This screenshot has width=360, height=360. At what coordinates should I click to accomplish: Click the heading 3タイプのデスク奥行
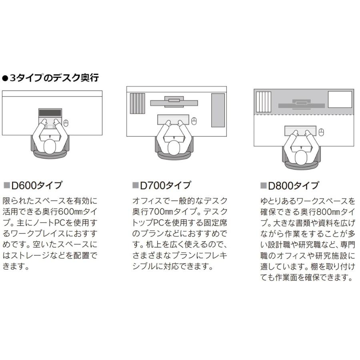click(x=54, y=78)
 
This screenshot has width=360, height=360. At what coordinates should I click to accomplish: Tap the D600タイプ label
click(x=36, y=185)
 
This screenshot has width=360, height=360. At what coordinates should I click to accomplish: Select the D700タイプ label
click(x=165, y=185)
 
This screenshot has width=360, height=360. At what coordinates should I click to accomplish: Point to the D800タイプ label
click(x=294, y=186)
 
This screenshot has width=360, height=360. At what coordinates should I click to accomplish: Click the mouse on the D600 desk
click(x=66, y=123)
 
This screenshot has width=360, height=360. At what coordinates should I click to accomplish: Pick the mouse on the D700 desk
click(x=194, y=121)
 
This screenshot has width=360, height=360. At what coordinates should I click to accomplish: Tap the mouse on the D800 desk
click(x=322, y=132)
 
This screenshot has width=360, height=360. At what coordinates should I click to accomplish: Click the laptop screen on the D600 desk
click(x=50, y=113)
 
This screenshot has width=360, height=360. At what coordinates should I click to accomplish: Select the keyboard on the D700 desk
click(x=173, y=120)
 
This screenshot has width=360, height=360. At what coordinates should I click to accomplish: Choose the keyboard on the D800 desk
click(x=300, y=131)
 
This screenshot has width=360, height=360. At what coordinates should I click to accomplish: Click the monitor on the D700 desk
click(x=174, y=102)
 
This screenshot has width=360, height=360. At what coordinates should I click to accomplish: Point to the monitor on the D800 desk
click(x=302, y=104)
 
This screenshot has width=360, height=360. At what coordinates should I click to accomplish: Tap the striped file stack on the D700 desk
click(x=138, y=103)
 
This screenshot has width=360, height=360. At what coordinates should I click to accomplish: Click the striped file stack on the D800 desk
click(x=264, y=102)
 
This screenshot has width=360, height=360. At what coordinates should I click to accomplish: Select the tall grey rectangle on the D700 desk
click(x=218, y=110)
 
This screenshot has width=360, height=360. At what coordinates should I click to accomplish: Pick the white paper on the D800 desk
click(x=340, y=100)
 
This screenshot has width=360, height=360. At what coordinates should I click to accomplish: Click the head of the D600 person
click(x=50, y=146)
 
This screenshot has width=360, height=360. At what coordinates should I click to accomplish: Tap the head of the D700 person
click(x=174, y=148)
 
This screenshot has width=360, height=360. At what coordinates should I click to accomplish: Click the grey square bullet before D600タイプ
click(x=7, y=185)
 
